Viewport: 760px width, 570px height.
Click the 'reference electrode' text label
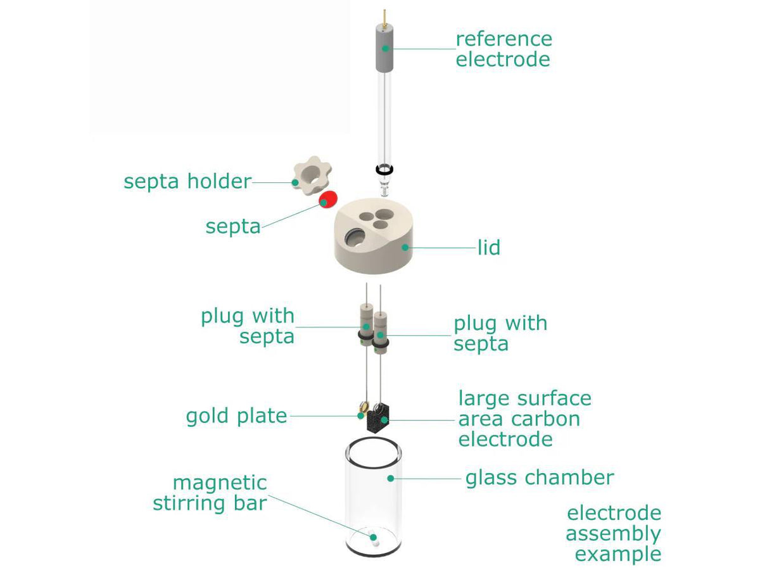503,49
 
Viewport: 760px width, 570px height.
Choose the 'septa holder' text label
187,182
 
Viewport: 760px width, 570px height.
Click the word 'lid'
489,247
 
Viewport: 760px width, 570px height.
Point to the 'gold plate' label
236,416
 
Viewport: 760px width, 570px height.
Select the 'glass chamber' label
540,477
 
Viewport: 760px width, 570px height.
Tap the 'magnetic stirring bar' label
210,493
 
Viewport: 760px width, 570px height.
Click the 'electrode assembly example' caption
613,533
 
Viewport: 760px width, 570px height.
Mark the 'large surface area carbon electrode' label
524,418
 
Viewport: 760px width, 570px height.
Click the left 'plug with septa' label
248,326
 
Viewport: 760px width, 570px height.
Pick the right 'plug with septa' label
500,333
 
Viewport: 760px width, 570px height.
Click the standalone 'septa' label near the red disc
233,227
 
